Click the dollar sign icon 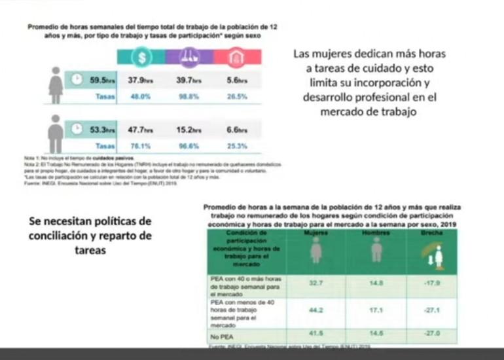tap(142, 56)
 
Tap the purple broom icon tap(189, 56)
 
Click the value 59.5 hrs tap(102, 81)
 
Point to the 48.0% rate tap(139, 97)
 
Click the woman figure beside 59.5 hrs tap(56, 85)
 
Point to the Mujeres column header tap(317, 234)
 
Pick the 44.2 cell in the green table tap(316, 309)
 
